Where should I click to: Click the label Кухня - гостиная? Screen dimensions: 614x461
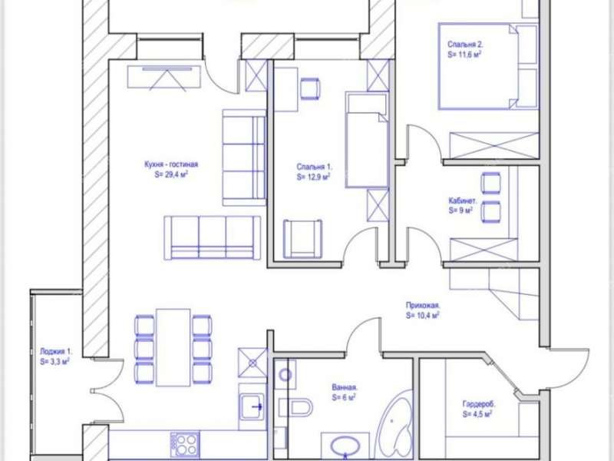tap(171, 164)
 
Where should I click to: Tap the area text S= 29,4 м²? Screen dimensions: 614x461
tap(171, 175)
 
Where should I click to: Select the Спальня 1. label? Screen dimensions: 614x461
tap(314, 167)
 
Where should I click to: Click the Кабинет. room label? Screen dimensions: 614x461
tap(463, 201)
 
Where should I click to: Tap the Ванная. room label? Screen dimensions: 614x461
tap(345, 388)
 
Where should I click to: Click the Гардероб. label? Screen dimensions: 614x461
tap(478, 404)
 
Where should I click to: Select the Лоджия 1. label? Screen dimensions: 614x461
tap(56, 352)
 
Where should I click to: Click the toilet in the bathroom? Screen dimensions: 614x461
tap(296, 408)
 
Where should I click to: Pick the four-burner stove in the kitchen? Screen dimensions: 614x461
tap(185, 444)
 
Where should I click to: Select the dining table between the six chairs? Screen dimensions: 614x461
tap(173, 347)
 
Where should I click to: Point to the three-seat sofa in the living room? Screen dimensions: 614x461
tap(213, 237)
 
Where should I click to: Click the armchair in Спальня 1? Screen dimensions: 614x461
tap(303, 239)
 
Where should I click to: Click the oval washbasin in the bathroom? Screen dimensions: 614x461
tap(345, 446)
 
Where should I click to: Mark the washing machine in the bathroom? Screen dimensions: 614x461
tap(285, 374)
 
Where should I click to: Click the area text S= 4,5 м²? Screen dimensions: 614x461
tap(477, 414)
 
